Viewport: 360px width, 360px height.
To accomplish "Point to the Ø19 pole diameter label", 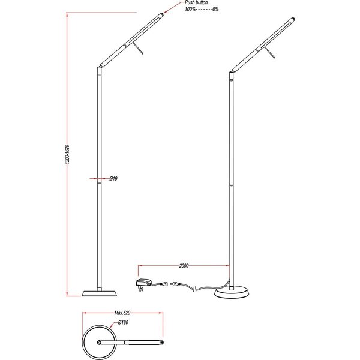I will pos(113,179).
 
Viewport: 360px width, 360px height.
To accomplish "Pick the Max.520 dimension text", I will pos(122,313).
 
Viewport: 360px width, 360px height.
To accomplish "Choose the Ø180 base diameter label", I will pos(124,323).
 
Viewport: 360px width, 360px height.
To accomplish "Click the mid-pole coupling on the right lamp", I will pos(232,187).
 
